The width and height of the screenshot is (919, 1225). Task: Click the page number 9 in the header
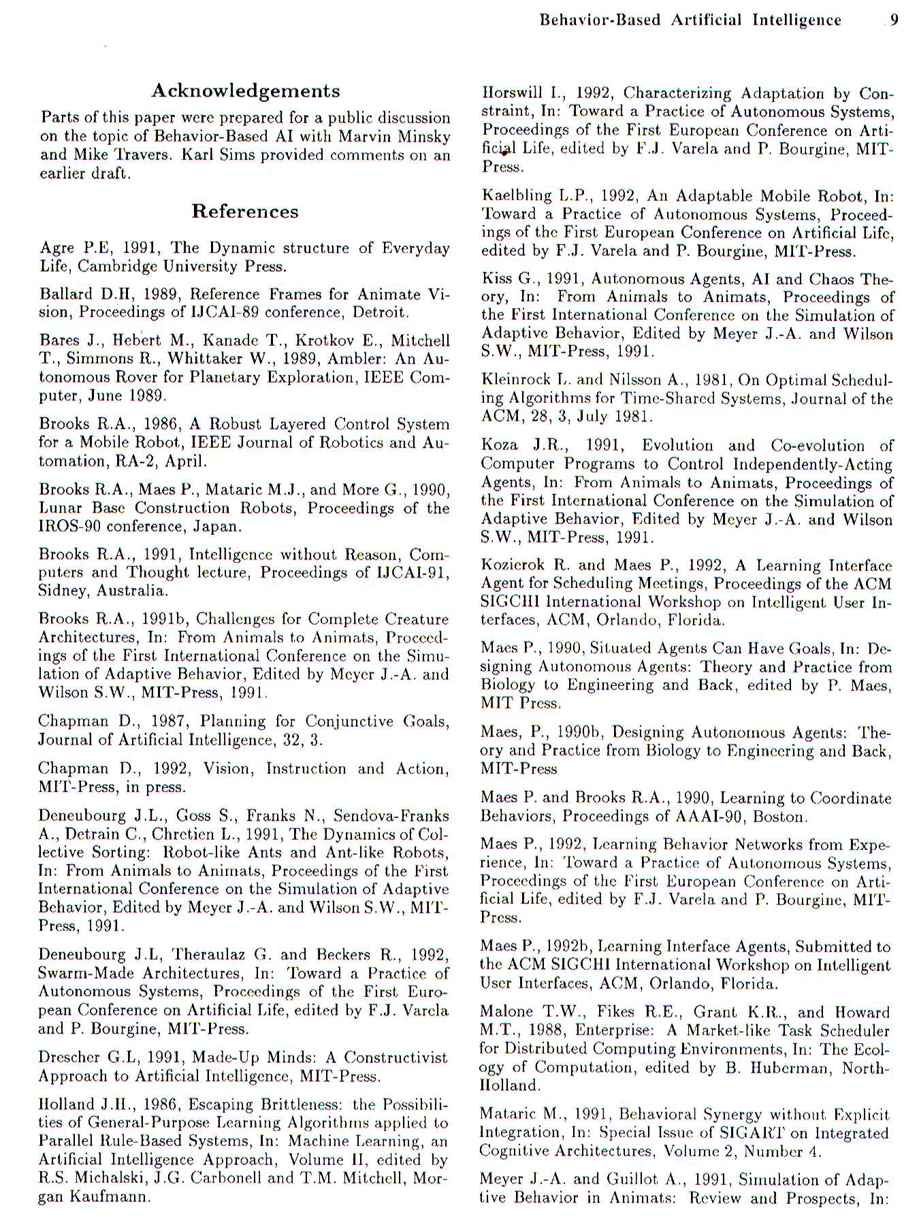click(x=894, y=20)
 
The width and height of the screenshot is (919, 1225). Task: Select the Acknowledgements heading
click(x=245, y=91)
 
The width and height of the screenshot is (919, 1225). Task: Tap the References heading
click(x=245, y=211)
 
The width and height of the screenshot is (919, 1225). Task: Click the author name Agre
click(x=57, y=248)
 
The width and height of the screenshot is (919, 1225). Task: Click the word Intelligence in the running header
click(x=797, y=20)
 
